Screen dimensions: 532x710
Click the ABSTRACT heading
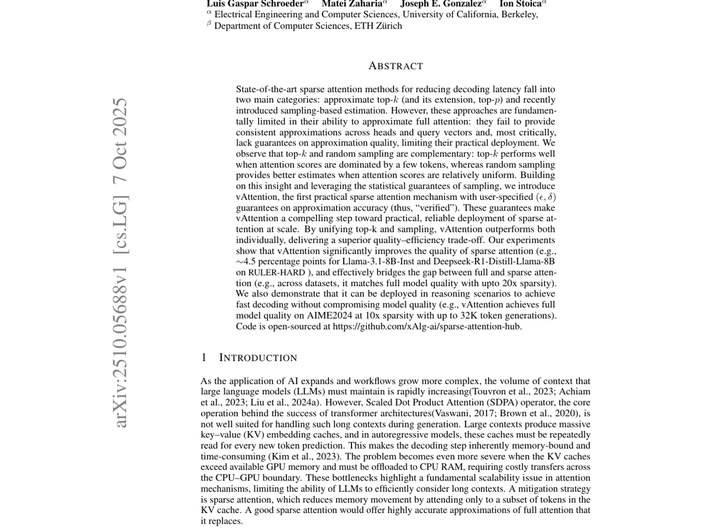(395, 66)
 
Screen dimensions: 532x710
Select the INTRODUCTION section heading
(258, 358)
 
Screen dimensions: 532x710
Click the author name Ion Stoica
(521, 4)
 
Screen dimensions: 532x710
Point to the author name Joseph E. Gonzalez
(441, 4)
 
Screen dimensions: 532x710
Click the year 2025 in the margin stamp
(120, 117)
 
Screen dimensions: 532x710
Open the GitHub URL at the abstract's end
(427, 326)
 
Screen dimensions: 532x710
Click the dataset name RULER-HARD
(276, 273)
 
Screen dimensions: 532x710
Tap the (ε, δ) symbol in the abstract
(546, 197)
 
